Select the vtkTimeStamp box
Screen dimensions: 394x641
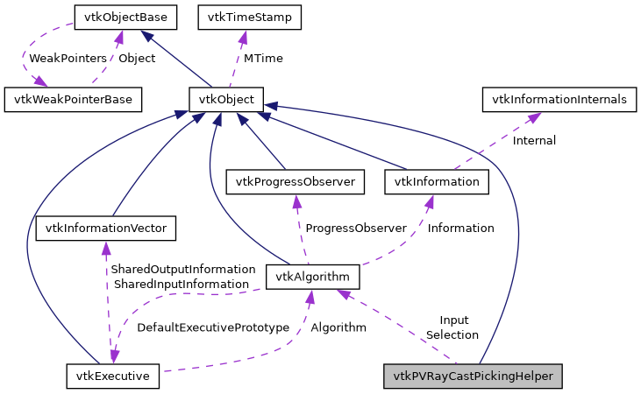click(x=250, y=17)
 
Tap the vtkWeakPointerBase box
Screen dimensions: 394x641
click(x=73, y=100)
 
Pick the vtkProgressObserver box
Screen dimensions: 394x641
click(x=295, y=182)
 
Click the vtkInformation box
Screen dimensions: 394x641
click(x=437, y=182)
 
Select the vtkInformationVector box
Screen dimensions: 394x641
click(x=105, y=229)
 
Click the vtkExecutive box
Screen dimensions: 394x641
click(x=112, y=376)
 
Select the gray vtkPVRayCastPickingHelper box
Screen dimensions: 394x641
click(x=473, y=376)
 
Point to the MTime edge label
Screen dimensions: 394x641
click(x=263, y=58)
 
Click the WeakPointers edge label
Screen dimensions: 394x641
click(x=68, y=58)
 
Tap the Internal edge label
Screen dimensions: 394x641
click(x=534, y=140)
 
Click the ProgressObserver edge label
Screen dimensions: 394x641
click(x=355, y=228)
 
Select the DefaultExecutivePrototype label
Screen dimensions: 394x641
click(x=213, y=327)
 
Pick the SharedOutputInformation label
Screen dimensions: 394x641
click(x=182, y=269)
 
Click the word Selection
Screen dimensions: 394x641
click(x=452, y=334)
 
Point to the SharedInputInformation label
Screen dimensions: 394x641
click(x=181, y=284)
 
